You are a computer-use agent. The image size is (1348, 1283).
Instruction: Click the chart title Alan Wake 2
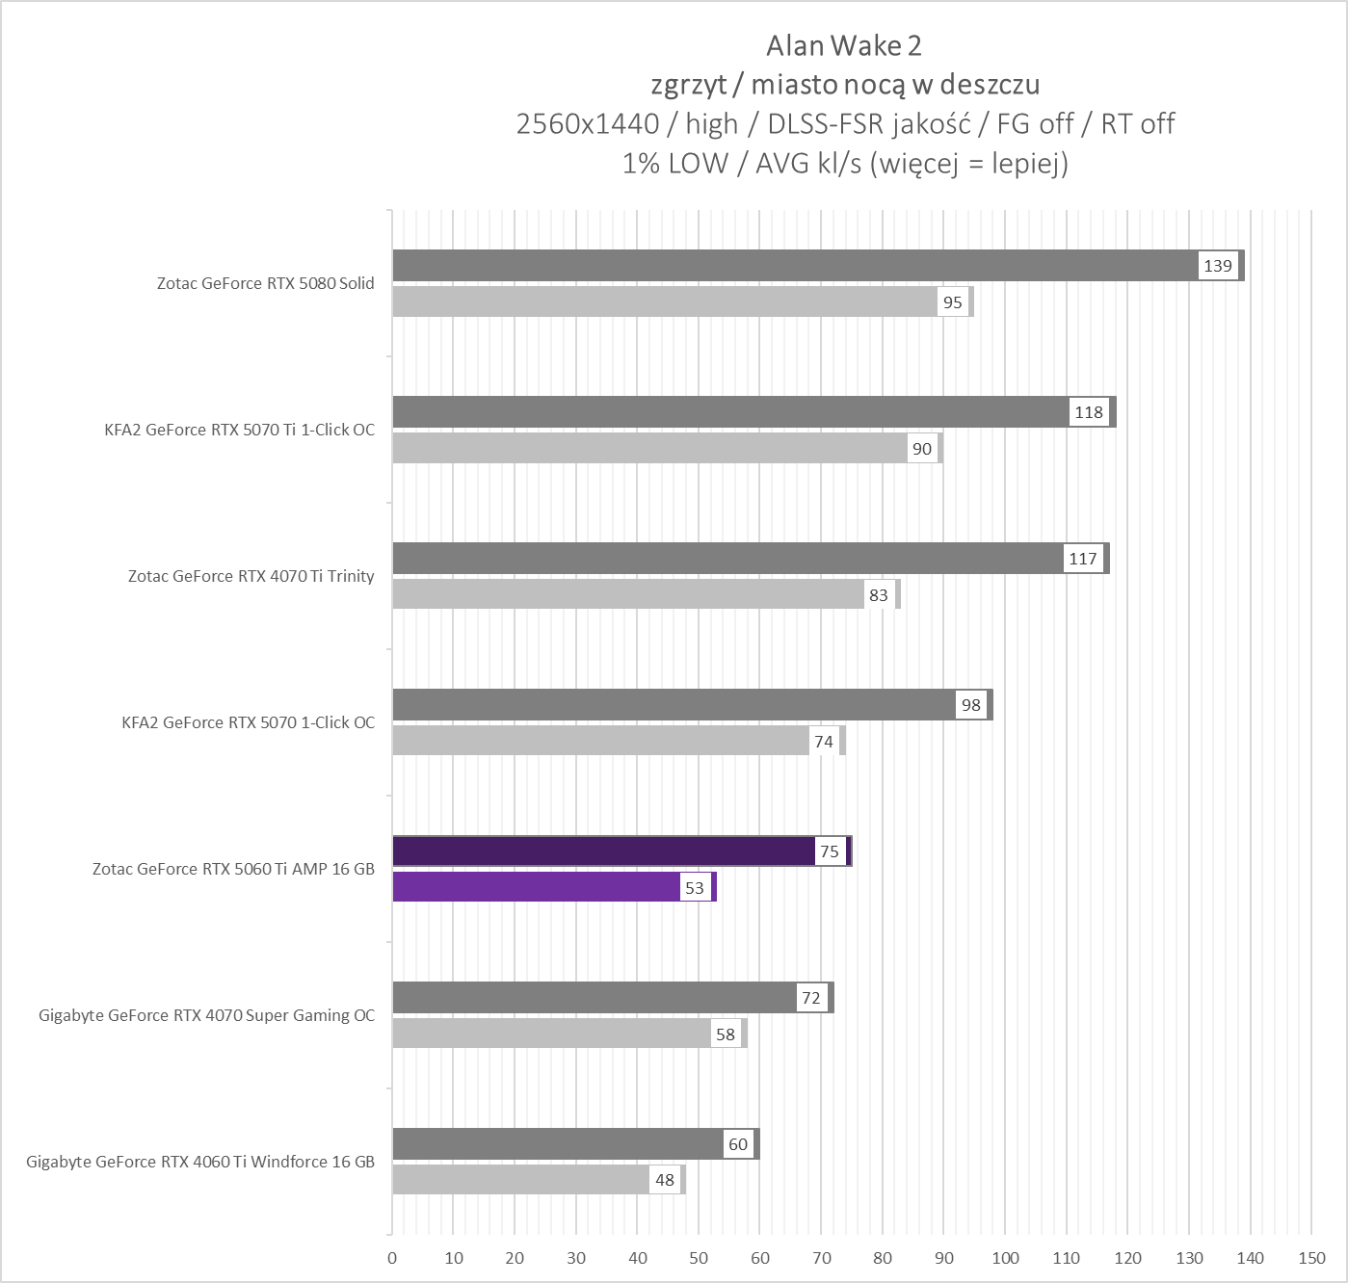pos(836,45)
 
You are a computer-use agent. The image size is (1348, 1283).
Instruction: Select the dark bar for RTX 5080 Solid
pos(790,266)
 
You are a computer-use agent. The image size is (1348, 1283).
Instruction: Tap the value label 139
pos(1218,266)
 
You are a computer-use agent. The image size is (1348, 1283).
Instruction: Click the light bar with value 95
pos(665,302)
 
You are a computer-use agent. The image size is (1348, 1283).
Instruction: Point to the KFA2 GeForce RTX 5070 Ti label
pos(239,430)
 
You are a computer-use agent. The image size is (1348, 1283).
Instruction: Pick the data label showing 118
pos(1089,412)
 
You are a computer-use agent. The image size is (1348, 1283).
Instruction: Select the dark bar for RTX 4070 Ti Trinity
pos(723,559)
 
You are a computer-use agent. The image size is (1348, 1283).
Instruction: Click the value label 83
pos(878,595)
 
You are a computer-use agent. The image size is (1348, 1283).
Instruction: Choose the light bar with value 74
pos(597,742)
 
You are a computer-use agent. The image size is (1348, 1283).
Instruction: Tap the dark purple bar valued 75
pos(602,851)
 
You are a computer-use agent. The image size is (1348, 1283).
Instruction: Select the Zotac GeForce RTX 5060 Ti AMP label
pos(233,869)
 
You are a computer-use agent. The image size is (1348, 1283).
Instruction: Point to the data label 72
pos(811,998)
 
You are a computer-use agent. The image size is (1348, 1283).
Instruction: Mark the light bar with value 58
pos(549,1034)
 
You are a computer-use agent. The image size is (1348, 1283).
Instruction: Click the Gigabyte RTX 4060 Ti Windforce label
pos(200,1162)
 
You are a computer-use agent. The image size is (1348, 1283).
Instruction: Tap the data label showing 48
pos(665,1181)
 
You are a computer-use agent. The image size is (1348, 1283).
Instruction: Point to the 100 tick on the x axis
pos(1005,1258)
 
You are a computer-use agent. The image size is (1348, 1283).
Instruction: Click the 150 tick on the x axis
pos(1311,1258)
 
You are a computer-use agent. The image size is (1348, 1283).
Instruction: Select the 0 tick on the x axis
pos(392,1258)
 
